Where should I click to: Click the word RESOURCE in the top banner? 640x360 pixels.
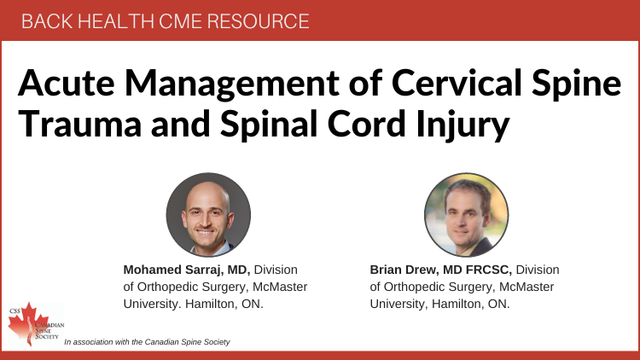[258, 21]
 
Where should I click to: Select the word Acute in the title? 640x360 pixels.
[67, 83]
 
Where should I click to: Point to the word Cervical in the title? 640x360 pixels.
[457, 83]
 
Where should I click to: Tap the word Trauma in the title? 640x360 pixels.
[80, 124]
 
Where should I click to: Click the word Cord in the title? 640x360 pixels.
[366, 123]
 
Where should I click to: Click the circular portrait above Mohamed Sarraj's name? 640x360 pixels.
[208, 215]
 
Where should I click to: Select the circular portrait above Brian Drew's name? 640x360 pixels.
[467, 215]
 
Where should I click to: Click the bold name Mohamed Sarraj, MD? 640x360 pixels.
[187, 270]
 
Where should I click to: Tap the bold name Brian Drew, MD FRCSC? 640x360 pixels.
[441, 270]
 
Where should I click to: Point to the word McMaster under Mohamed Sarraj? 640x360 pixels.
[280, 287]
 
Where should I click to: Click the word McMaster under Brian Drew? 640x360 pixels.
[527, 287]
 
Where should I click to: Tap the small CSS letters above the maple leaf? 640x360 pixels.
[15, 311]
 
